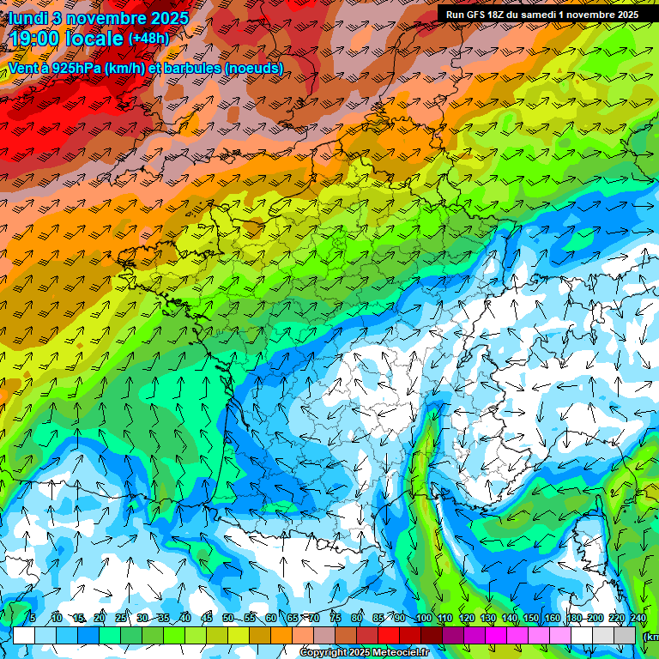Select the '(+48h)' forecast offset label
148,39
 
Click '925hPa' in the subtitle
74,68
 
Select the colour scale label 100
423,619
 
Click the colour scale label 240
638,619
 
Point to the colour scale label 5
33,619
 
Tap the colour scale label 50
228,619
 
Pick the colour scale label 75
336,619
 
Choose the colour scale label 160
553,619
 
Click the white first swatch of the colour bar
24,636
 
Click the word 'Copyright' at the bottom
324,653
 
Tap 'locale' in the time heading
94,39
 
